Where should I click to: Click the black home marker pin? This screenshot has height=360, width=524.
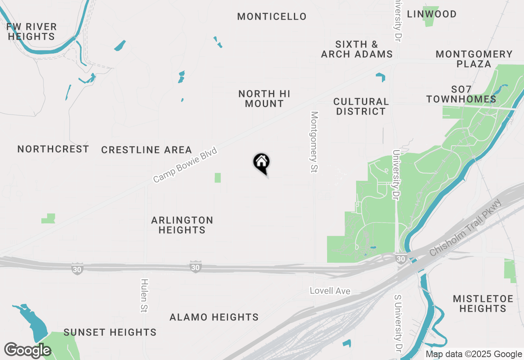[261, 162]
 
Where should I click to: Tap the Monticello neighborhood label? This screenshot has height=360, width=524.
[272, 17]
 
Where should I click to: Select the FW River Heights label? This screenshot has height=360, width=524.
[32, 32]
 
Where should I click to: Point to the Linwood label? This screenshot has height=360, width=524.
[431, 14]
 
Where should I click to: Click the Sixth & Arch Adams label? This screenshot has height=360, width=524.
[357, 49]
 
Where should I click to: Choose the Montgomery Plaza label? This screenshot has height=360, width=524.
[474, 59]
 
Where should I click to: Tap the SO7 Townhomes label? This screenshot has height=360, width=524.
[461, 94]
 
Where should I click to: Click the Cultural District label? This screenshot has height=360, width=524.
[361, 106]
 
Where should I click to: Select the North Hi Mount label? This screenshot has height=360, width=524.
[264, 99]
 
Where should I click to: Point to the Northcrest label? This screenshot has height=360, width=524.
[53, 149]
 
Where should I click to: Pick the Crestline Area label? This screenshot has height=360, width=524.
[147, 150]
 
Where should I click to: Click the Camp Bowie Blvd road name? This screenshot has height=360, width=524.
[185, 165]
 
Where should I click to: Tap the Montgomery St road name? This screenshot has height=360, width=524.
[314, 142]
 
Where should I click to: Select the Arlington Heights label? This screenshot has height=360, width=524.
[182, 225]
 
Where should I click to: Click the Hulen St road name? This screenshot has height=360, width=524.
[144, 295]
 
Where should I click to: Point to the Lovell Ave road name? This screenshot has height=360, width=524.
[330, 291]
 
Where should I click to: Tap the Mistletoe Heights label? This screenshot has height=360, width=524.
[483, 304]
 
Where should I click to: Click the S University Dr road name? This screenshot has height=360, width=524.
[398, 323]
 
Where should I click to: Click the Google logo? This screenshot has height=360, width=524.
[27, 351]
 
